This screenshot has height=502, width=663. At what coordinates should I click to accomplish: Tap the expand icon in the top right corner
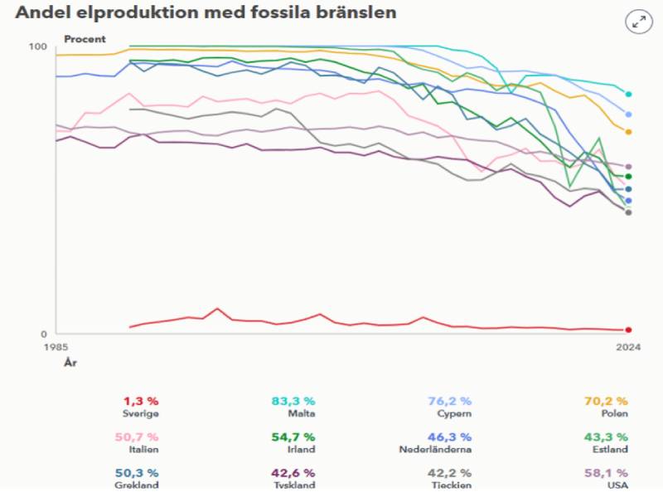coord(639,22)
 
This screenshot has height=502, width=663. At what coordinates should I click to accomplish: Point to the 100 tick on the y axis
coord(37,46)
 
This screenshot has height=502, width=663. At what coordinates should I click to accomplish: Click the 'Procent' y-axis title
coord(85,39)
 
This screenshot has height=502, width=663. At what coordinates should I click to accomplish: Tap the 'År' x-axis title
coord(70,363)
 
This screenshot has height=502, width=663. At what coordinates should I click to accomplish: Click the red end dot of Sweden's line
coord(628,330)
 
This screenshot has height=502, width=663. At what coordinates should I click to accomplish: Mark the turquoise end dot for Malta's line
coord(628,95)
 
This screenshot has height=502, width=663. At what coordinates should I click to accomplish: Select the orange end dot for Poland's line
coord(628,132)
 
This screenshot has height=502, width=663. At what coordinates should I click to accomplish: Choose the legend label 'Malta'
coord(301,413)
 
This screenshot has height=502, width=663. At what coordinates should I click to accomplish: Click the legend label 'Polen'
coord(614,413)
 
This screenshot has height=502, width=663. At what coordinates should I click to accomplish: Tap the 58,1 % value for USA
coord(610,472)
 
